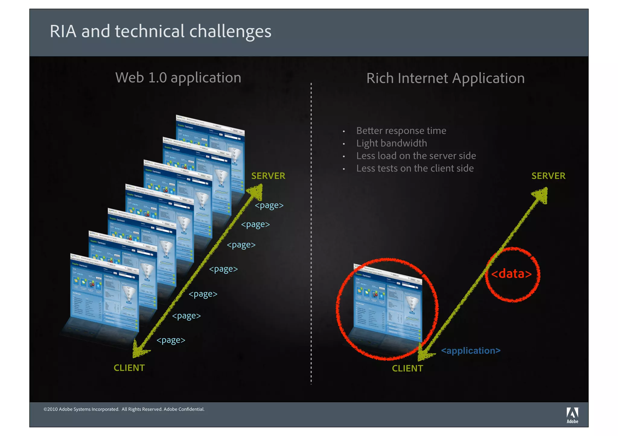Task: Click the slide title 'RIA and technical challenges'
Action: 161,31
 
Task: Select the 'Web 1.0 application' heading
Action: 178,78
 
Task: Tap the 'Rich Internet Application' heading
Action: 445,78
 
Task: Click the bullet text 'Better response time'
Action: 401,131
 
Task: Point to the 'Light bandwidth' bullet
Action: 391,143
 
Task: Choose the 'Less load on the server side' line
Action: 416,156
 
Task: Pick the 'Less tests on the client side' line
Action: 415,168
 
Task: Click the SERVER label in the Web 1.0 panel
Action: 268,176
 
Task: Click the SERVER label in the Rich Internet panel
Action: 548,176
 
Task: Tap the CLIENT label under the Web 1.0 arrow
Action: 129,368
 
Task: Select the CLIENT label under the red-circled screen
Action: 407,369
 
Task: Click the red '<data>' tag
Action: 511,274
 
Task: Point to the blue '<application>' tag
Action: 470,351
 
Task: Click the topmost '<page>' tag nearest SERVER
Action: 269,205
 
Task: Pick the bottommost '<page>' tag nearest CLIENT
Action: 171,340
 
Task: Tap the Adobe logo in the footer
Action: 572,415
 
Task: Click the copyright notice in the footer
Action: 124,409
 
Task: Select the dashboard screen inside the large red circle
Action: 387,304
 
